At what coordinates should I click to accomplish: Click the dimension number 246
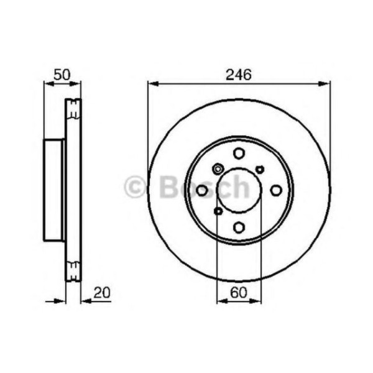pos(239,75)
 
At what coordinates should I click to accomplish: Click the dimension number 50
pos(61,75)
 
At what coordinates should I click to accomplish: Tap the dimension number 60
pos(239,291)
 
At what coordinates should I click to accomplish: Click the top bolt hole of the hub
pos(239,153)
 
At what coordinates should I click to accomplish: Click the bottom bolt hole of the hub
pos(239,227)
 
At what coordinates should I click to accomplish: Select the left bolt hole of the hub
pos(202,190)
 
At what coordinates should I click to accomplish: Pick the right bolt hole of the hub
pos(276,190)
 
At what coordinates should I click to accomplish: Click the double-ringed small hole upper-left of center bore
pos(218,168)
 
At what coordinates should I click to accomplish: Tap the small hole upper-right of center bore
pos(260,169)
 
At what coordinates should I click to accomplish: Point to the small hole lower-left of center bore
pos(218,211)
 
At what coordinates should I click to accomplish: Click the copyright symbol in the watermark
pos(134,186)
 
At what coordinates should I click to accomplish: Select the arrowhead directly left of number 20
pos(86,302)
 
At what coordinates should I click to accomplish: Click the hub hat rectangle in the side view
pos(53,190)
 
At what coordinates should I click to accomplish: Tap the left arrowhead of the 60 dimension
pos(221,302)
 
